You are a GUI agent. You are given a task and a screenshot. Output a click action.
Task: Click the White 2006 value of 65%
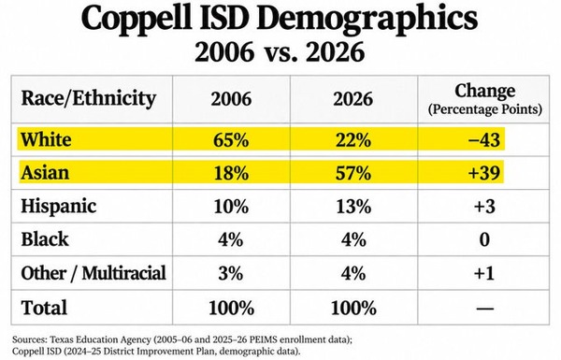[x=231, y=139]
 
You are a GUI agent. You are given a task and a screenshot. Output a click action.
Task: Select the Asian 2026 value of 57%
[x=353, y=173]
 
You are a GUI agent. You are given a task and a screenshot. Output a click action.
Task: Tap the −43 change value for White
[x=484, y=139]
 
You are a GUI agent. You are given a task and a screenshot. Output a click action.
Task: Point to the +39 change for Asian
[x=484, y=173]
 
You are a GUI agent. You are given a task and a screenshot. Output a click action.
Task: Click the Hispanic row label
[x=59, y=207]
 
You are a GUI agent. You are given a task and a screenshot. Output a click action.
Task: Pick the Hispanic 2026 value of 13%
[x=353, y=207]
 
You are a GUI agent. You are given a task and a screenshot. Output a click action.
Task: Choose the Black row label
[x=45, y=239]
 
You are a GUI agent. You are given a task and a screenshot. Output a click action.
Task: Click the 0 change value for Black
[x=484, y=239]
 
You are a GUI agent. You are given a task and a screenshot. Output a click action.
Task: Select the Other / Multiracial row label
[x=93, y=273]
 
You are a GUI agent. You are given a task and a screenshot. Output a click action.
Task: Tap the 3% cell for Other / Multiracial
[x=231, y=273]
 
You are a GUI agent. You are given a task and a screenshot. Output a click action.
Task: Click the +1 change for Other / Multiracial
[x=484, y=273]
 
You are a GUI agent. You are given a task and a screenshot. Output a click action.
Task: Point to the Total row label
[x=44, y=307]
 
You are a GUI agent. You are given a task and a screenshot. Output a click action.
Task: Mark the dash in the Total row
[x=485, y=308]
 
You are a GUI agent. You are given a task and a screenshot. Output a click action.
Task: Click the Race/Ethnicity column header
[x=89, y=98]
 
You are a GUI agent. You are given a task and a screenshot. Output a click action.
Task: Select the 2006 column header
[x=231, y=99]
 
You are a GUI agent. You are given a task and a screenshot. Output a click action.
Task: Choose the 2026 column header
[x=353, y=99]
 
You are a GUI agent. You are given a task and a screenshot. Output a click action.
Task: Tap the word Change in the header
[x=484, y=92]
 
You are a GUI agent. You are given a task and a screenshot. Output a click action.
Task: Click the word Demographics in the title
[x=367, y=20]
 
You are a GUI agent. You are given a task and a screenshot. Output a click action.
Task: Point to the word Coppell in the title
[x=137, y=20]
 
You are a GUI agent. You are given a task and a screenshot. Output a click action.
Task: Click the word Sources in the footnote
[x=29, y=339]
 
